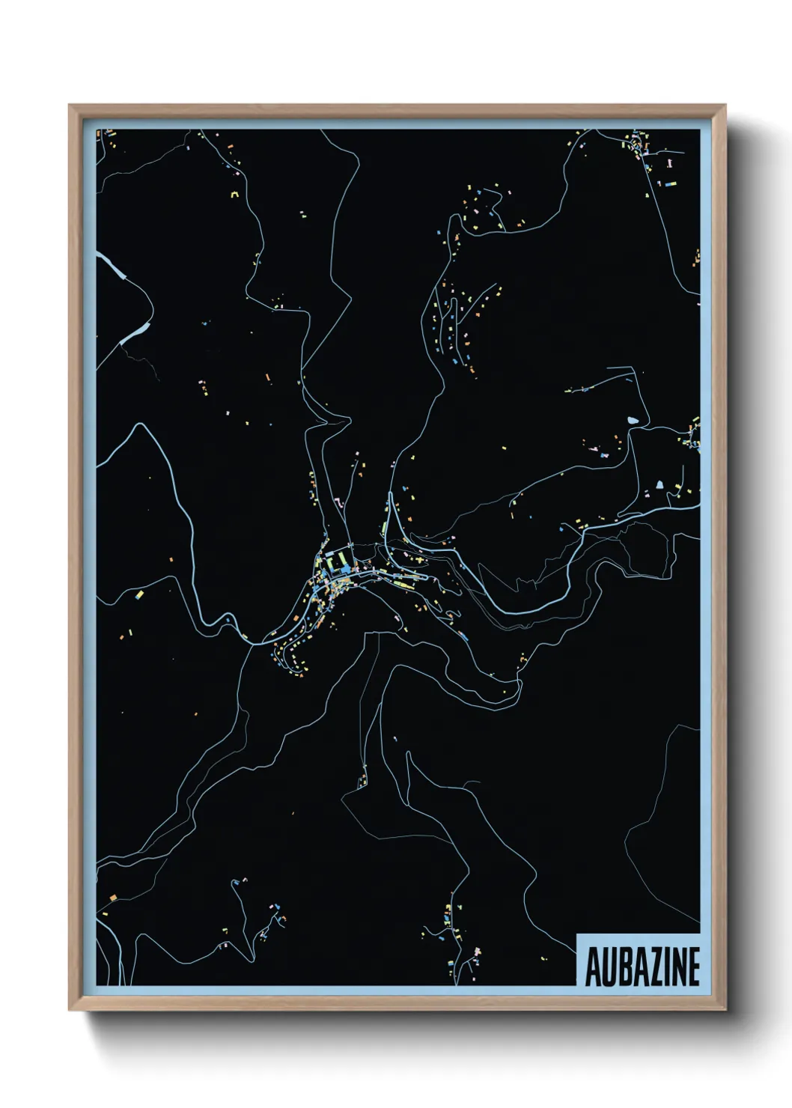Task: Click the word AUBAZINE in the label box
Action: (642, 967)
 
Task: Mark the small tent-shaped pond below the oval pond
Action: (660, 485)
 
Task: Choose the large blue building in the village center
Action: (345, 570)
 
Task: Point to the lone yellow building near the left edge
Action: (139, 595)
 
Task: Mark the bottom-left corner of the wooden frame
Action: (70, 1009)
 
